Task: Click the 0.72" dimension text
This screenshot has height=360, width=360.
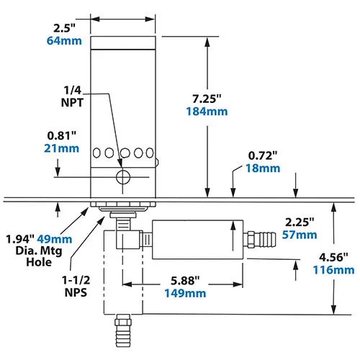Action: coord(263,155)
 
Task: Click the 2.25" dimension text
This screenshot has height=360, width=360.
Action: coord(297,222)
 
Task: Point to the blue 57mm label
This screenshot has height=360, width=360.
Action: coord(298,235)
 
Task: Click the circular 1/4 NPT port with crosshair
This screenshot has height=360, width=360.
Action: coord(124,177)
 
